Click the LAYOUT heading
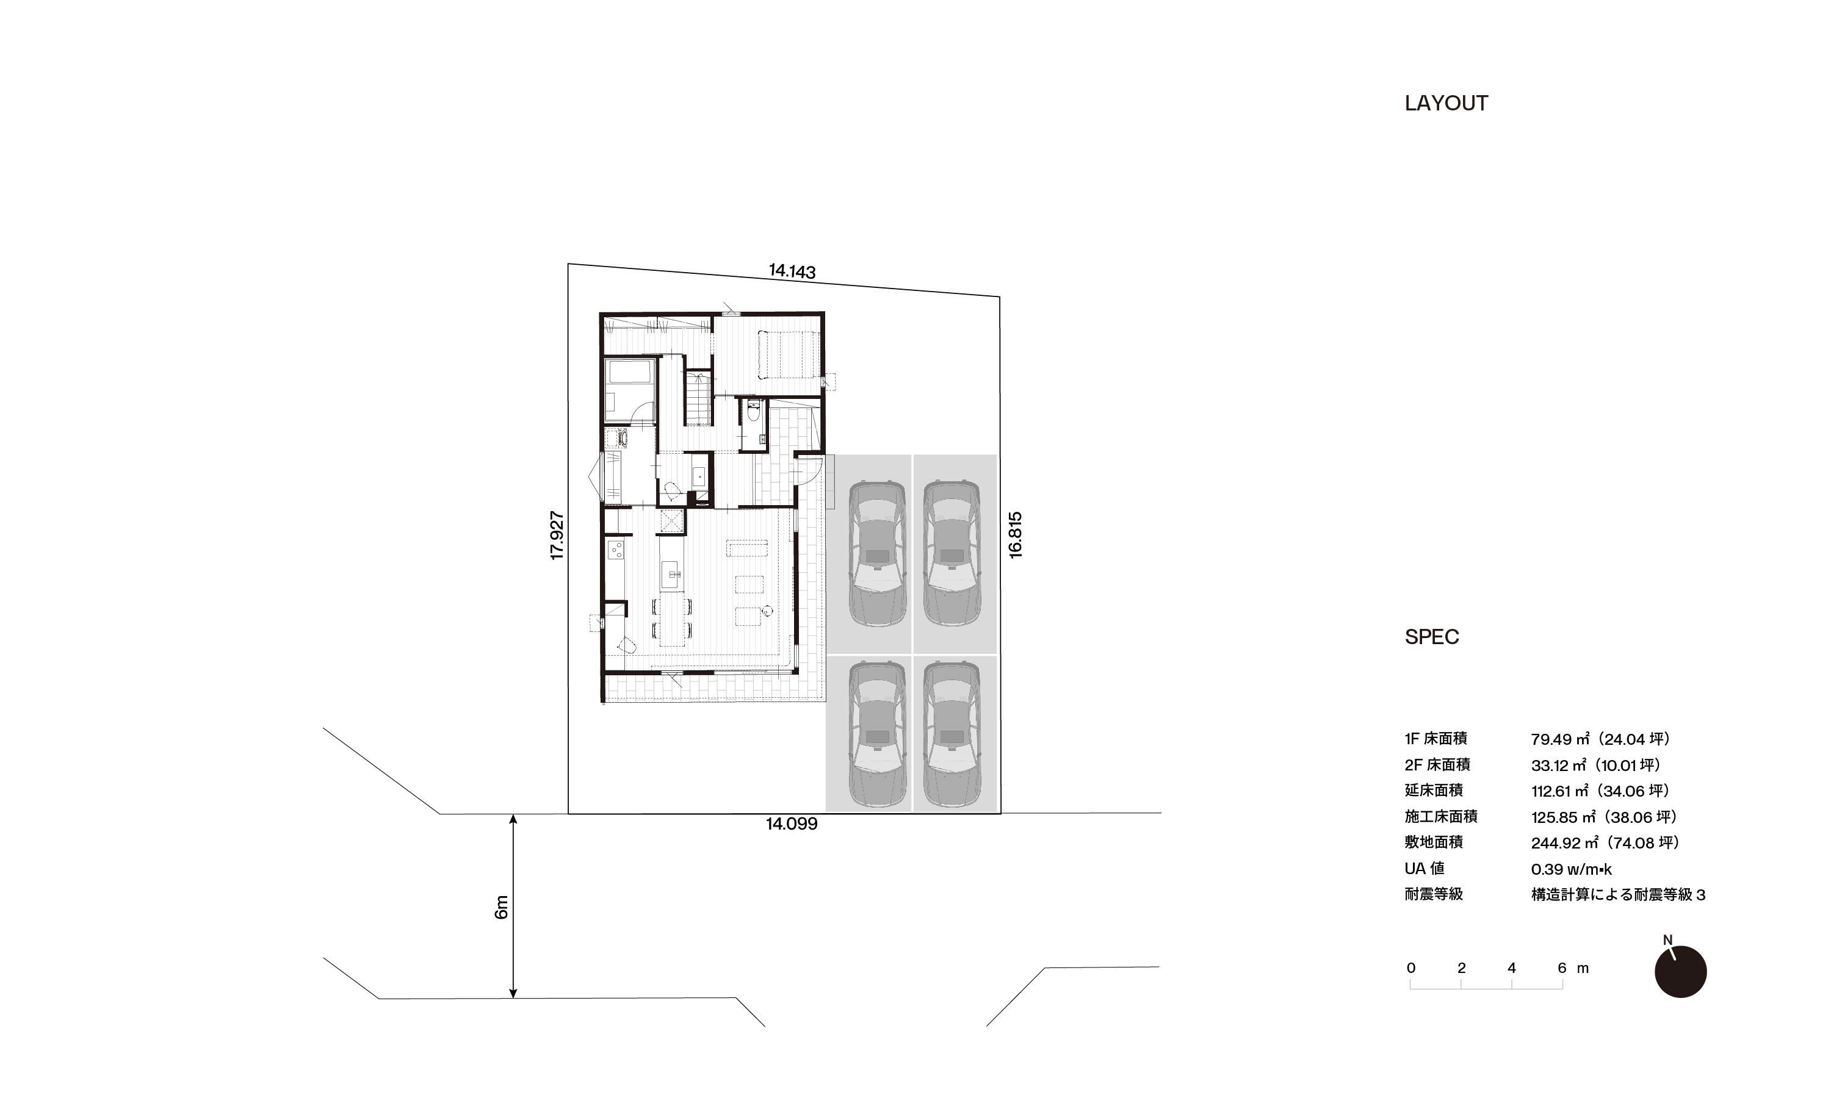tap(1446, 103)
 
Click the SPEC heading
tap(1431, 637)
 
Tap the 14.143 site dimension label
tap(792, 271)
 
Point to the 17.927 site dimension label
tap(557, 536)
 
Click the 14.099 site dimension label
tap(791, 824)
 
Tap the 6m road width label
tap(501, 907)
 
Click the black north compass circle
tap(1681, 972)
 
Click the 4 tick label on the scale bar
tap(1511, 968)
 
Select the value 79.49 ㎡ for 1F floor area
tap(1561, 739)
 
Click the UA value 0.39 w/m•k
tap(1571, 869)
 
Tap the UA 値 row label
tap(1425, 869)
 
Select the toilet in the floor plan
tap(753, 411)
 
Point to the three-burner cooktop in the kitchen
tap(616, 549)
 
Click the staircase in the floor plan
tap(698, 399)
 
